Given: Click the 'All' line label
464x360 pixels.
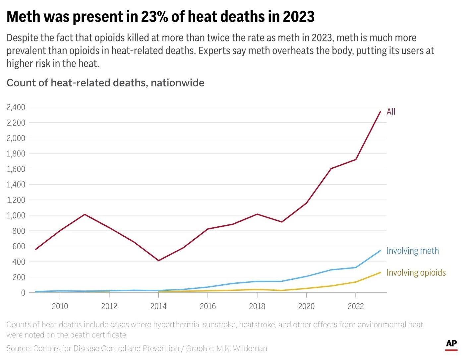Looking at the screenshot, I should [x=391, y=111].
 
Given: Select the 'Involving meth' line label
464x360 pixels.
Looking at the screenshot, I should [x=413, y=251].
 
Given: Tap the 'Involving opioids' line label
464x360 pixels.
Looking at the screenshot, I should [x=416, y=272].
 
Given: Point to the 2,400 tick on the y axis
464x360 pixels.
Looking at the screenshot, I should [x=16, y=107].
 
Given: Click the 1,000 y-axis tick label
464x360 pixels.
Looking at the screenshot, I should [x=16, y=215].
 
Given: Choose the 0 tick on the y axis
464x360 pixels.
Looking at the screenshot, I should [x=23, y=293].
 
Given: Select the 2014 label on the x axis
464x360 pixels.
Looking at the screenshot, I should [x=158, y=306].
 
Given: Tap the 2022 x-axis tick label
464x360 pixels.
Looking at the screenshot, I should [x=356, y=306].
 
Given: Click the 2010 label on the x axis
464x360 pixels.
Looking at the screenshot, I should [x=60, y=306].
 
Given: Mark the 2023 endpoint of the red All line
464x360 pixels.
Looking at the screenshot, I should [x=380, y=111].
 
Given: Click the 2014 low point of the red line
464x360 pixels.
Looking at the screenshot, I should [x=158, y=261].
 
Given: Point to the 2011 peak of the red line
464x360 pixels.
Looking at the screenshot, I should [x=85, y=214].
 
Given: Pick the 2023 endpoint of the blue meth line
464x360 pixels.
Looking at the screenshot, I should [x=380, y=251].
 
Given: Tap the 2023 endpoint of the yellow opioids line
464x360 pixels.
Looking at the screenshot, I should [x=380, y=272].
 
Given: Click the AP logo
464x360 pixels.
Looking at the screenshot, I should [x=451, y=344].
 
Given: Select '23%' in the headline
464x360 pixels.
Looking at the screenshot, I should [x=155, y=17].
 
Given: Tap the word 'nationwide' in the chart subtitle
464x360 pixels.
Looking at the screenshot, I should [x=177, y=83].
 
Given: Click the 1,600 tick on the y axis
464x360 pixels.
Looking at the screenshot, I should [x=16, y=169].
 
